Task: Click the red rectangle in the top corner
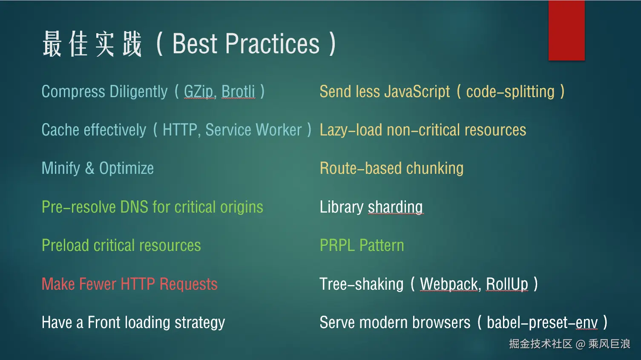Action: point(566,30)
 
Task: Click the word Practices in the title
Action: point(272,43)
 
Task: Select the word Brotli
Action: point(238,92)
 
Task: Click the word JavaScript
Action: point(417,92)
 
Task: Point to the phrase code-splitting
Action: point(510,92)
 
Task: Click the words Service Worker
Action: point(253,130)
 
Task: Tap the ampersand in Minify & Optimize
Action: point(89,168)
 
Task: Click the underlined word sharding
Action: point(395,207)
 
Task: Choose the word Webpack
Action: point(449,284)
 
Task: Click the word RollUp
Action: point(507,284)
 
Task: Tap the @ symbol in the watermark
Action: point(580,344)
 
